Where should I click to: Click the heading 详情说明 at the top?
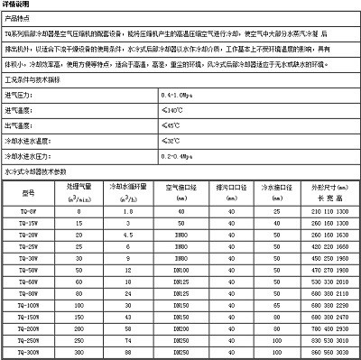coord(18,5)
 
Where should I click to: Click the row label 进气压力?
coord(21,95)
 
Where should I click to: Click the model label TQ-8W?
coord(27,209)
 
